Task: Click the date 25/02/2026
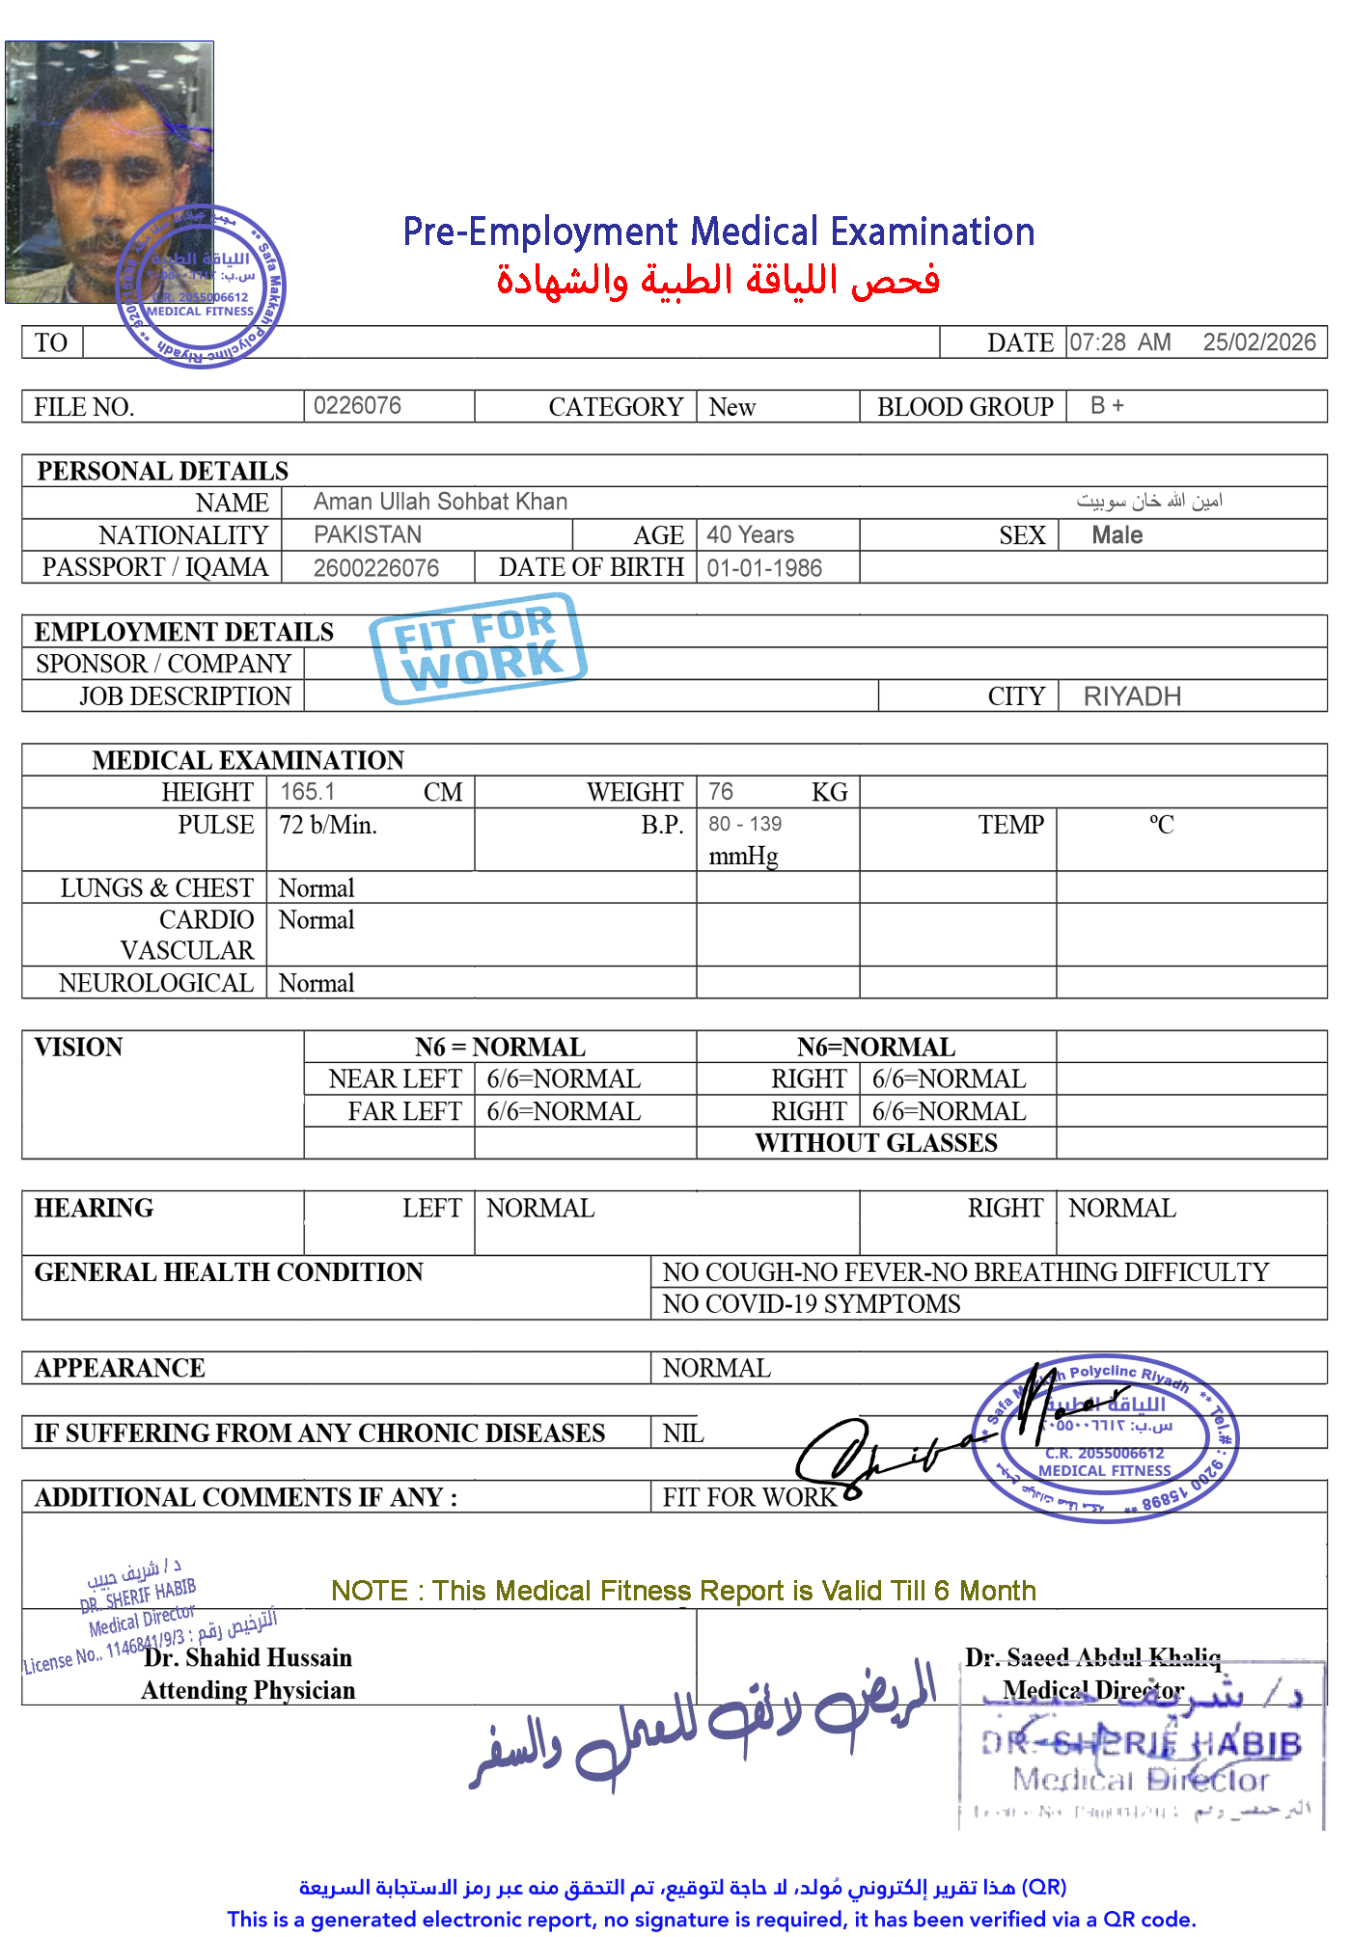tap(1258, 342)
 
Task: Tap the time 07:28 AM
tap(1119, 342)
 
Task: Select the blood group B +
tap(1107, 406)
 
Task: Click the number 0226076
tap(357, 405)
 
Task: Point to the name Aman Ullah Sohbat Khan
tap(440, 502)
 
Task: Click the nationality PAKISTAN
tap(368, 534)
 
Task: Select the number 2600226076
tap(376, 568)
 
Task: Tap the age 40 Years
tap(750, 534)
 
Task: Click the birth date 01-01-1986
tap(764, 568)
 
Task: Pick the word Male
tap(1117, 535)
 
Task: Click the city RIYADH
tap(1132, 696)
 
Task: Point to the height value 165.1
tap(307, 792)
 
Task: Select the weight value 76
tap(720, 792)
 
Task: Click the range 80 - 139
tap(745, 825)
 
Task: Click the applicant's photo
tap(109, 172)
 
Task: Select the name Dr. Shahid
tap(202, 1657)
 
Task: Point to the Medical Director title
tap(1092, 1690)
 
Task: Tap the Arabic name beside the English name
tap(1149, 501)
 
